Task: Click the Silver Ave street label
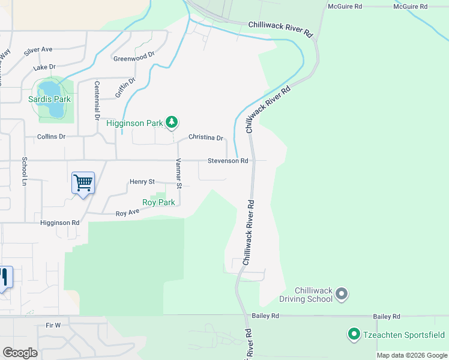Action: pos(38,51)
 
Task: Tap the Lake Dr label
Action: pos(44,67)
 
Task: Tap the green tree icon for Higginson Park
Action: pos(172,122)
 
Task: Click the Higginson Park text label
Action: pos(134,123)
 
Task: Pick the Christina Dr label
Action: pos(205,137)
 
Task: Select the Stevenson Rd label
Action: pos(228,161)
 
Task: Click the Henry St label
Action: pos(142,181)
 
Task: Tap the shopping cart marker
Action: pos(83,182)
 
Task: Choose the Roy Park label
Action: pos(158,203)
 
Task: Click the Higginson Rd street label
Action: pos(59,223)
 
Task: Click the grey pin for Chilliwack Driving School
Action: pos(342,294)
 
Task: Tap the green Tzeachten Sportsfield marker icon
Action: pos(354,334)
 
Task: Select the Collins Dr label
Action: pos(51,137)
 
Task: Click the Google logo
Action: pos(20,352)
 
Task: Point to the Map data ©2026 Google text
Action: pos(411,355)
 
